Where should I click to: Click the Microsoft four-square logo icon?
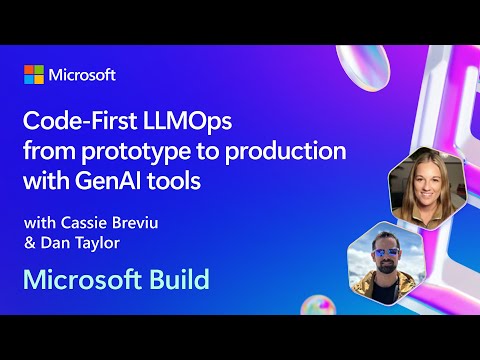pos(35,75)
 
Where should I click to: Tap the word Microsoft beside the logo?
pos(83,75)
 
